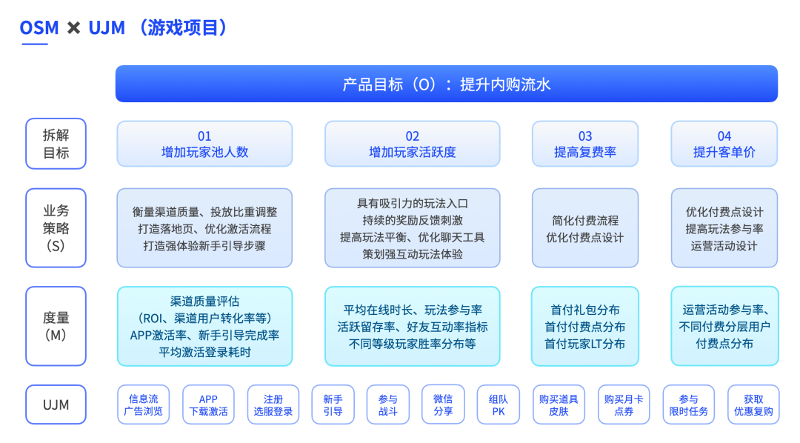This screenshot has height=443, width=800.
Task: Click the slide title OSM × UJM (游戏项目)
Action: click(123, 28)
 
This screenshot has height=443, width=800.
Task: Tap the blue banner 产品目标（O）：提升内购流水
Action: click(446, 84)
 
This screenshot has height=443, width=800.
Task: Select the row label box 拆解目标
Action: click(56, 144)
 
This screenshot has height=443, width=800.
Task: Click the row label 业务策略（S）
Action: click(56, 227)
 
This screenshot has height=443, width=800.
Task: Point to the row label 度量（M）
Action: click(56, 326)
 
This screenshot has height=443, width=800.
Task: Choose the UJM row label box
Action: click(56, 404)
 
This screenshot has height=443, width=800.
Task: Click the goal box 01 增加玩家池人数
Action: click(204, 144)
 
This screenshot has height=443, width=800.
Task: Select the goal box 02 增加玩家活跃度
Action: click(413, 144)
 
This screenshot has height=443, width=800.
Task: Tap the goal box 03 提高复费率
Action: click(585, 144)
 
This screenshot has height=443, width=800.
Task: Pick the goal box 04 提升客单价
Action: click(724, 144)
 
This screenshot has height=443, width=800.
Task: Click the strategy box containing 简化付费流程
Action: click(585, 228)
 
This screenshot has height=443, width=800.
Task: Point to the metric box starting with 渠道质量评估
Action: click(204, 326)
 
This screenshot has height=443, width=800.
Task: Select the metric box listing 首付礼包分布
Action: click(585, 326)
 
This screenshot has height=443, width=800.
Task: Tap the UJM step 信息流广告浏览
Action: click(144, 404)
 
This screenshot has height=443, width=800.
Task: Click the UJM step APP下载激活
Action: click(208, 404)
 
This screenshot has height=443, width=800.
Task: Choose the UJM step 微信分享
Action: click(443, 404)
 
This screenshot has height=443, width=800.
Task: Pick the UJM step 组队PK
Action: click(498, 404)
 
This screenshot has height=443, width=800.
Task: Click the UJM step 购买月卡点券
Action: click(623, 404)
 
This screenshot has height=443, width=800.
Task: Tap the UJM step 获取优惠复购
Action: click(753, 404)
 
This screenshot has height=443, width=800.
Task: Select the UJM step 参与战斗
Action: click(387, 404)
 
